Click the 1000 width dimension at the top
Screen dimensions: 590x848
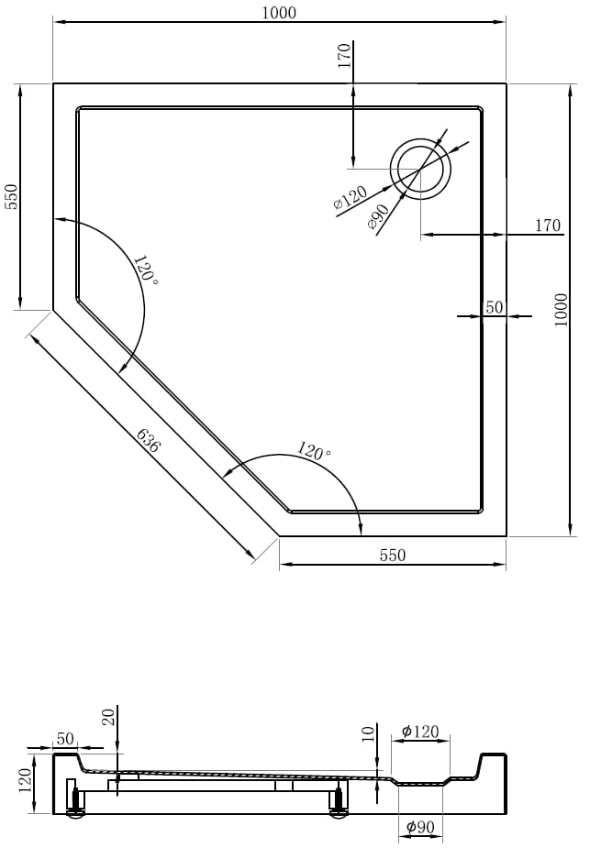(x=279, y=13)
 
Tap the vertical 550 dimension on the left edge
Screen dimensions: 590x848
(x=12, y=197)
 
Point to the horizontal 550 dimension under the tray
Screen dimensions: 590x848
(x=393, y=555)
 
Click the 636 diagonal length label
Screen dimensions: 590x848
(x=149, y=440)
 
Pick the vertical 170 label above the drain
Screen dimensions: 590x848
(x=344, y=55)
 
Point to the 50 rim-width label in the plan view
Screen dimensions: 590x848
(x=495, y=307)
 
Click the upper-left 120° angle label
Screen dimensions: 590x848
(x=146, y=270)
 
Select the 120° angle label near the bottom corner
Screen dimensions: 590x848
(x=314, y=450)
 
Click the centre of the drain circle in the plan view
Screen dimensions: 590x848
(x=421, y=169)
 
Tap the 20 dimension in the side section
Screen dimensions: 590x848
(x=109, y=717)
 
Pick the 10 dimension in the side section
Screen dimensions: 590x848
(x=368, y=734)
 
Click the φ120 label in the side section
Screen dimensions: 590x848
(x=420, y=732)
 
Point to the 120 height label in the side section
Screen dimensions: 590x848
(x=26, y=783)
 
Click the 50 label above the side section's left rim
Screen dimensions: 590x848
(x=65, y=738)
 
